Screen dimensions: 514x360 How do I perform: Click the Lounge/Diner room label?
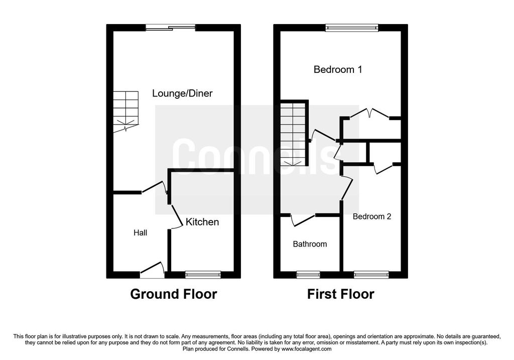(182, 93)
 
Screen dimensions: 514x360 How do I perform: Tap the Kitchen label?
(202, 222)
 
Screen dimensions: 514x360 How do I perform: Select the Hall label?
(141, 233)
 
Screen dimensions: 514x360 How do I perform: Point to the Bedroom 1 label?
(338, 69)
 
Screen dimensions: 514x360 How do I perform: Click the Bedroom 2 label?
(372, 216)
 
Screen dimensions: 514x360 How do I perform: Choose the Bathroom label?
(310, 244)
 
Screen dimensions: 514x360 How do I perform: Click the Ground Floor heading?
(173, 294)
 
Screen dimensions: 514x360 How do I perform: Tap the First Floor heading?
(341, 294)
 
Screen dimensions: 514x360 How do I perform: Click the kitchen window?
(203, 275)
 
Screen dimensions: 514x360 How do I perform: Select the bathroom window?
(308, 275)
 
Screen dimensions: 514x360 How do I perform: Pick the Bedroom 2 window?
(371, 275)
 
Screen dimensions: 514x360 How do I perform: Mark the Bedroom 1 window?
(352, 28)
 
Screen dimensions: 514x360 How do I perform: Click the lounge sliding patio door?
(171, 28)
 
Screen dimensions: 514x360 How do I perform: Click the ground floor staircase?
(126, 112)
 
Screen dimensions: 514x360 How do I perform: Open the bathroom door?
(303, 220)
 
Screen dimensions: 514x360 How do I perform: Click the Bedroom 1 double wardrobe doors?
(369, 113)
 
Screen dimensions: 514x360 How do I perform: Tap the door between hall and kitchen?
(177, 216)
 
